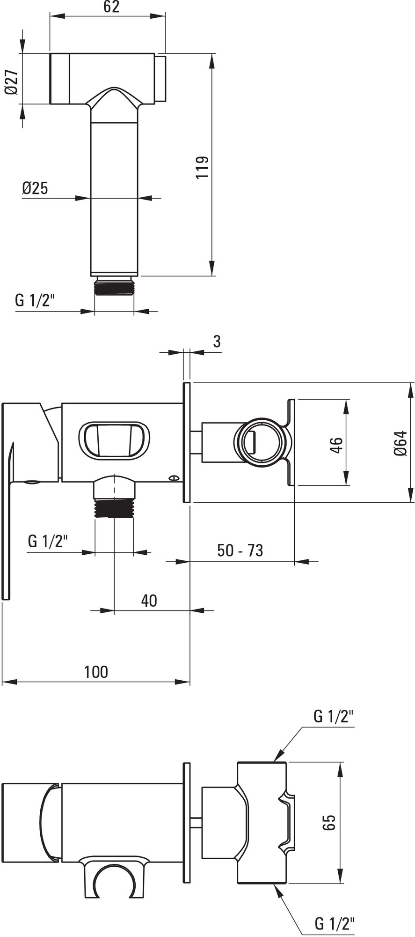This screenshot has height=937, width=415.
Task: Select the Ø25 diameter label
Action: (35, 188)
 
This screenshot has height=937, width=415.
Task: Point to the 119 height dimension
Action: (201, 167)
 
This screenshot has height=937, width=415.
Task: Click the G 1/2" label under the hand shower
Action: (35, 300)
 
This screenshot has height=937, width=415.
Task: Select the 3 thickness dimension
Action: (217, 342)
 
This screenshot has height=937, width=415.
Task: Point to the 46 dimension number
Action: (336, 443)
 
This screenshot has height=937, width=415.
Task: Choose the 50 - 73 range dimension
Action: (240, 550)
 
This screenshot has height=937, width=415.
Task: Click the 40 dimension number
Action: (149, 600)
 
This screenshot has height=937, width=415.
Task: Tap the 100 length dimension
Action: (96, 672)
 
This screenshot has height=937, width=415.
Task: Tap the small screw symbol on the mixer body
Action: (175, 478)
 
